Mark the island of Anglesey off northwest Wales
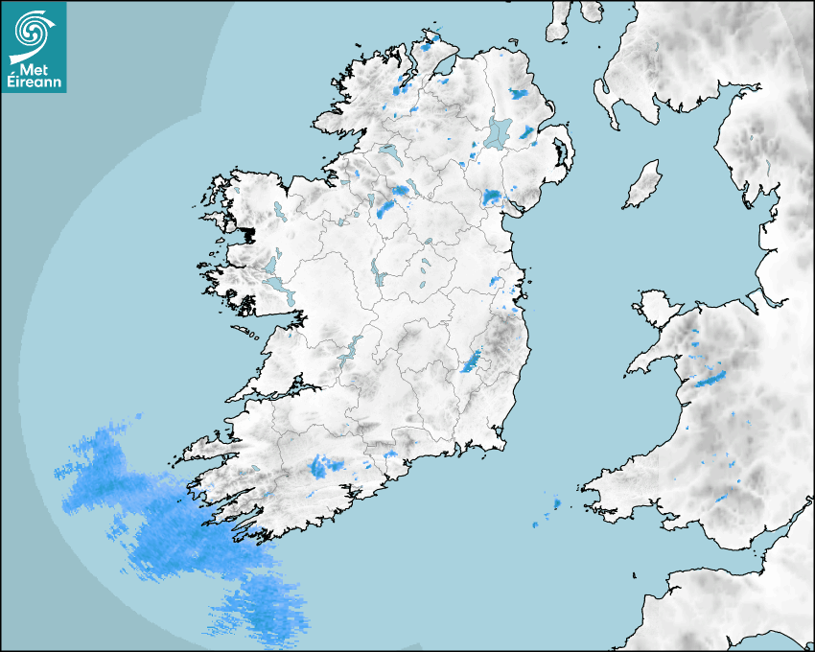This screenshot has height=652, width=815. point(660,308)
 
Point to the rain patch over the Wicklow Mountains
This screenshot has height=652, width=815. point(472,361)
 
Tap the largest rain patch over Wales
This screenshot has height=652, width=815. point(711,379)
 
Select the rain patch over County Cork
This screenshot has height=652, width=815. point(324,467)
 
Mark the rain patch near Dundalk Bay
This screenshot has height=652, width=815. point(492,198)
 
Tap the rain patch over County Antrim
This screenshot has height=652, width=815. point(520,95)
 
